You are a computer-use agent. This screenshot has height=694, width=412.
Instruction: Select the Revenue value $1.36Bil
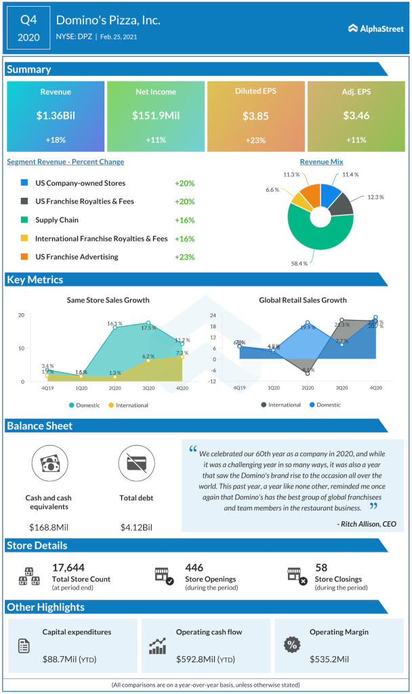point(56,116)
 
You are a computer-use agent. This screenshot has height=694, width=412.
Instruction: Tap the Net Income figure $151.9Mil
point(155,116)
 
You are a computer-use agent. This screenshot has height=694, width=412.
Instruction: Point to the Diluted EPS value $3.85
point(255,116)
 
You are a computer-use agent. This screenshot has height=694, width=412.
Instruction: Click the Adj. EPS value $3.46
point(356,116)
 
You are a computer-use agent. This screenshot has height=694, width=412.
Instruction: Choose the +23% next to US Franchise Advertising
point(184,257)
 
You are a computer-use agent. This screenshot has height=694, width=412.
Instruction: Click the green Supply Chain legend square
point(24,220)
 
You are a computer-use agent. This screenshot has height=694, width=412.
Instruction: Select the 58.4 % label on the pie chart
point(300,263)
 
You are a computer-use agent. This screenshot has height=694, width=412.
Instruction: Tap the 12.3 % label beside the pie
point(375,197)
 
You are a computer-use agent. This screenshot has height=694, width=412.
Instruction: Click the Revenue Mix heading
point(321,162)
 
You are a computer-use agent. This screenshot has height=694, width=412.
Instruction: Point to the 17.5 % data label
point(149,328)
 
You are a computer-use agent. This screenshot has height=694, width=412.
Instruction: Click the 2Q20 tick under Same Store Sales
point(115,388)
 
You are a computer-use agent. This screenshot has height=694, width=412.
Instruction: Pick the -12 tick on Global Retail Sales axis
point(231,382)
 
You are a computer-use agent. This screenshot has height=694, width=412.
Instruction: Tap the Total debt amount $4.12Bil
point(136,527)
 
